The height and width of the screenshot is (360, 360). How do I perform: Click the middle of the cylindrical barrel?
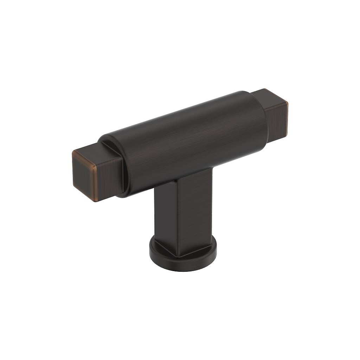190,141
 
